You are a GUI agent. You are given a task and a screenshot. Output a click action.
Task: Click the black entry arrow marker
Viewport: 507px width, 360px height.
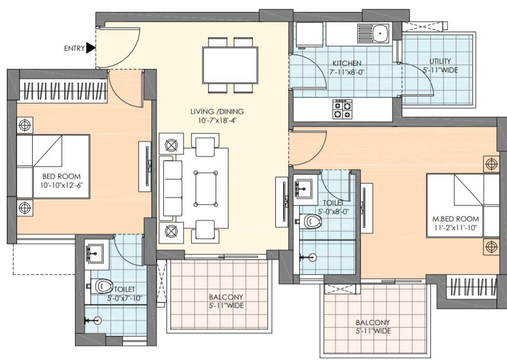pos(91,48)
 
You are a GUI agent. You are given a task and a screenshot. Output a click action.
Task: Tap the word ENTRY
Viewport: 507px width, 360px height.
pos(74,49)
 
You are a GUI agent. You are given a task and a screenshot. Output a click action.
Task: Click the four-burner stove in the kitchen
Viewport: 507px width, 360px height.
pos(343,109)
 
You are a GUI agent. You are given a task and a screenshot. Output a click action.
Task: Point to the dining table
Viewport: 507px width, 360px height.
pos(230,65)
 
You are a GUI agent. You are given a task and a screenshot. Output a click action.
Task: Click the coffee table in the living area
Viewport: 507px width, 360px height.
pos(206,189)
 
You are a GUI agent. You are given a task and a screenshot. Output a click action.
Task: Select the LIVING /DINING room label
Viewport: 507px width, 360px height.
pos(217,112)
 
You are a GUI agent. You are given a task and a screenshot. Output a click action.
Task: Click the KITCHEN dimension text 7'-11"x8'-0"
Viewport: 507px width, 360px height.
pos(347,73)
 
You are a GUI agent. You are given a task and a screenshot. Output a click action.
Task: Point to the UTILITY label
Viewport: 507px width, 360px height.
pos(440,61)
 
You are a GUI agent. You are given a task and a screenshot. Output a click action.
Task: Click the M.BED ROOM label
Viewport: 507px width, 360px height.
pos(456,219)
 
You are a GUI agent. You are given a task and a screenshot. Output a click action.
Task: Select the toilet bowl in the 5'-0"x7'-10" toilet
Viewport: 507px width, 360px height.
pos(102,286)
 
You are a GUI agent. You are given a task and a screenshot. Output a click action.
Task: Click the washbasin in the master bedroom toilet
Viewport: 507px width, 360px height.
pos(303,188)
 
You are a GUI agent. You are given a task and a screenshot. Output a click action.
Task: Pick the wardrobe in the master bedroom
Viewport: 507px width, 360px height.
pos(471,287)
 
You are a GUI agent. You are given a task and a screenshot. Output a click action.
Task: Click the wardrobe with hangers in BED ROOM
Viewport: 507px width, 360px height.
pos(63,91)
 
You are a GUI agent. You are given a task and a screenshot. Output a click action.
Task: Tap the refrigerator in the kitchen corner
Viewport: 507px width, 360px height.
pos(309,35)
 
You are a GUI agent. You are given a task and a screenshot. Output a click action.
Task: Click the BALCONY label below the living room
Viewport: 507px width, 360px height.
pos(226,297)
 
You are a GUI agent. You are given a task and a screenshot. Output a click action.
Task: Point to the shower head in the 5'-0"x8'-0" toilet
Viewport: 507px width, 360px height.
pos(309,257)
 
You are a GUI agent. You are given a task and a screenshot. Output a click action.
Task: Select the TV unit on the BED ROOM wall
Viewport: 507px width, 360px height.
pos(145,166)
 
